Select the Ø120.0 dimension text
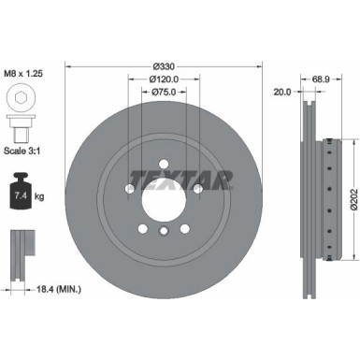coord(164,80)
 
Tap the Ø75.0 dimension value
coord(164,93)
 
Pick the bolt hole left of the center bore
coord(126,193)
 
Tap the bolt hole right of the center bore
coord(199,193)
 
